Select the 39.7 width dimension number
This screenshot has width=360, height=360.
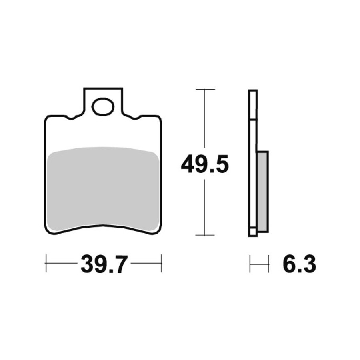coord(104,264)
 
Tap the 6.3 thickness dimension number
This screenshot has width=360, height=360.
coord(299,264)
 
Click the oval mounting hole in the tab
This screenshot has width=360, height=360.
coord(103,106)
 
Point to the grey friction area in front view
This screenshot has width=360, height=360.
coord(103,188)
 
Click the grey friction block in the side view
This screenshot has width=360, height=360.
coord(263,192)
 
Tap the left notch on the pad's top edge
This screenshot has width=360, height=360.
coord(71,118)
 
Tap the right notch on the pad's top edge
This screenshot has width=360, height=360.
coord(135,118)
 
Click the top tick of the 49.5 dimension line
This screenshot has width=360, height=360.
coord(205,89)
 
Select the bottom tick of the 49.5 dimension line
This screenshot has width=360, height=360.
coord(204,235)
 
